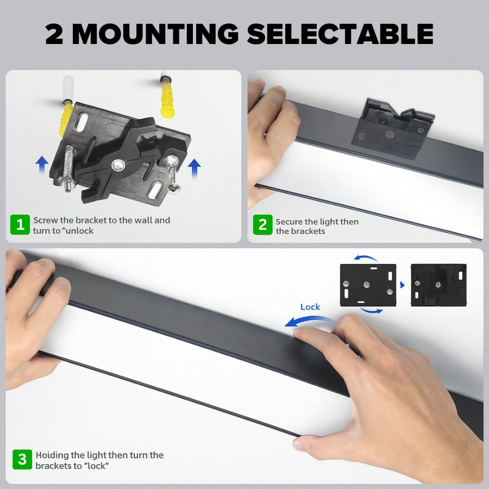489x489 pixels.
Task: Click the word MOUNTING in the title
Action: tap(155, 34)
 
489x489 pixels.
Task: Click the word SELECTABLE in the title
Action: tap(340, 34)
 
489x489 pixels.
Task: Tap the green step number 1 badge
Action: tap(20, 224)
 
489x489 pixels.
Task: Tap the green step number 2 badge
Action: tap(262, 224)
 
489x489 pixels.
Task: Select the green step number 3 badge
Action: tap(22, 460)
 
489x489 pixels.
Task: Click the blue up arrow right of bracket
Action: tap(195, 168)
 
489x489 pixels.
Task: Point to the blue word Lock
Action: tap(310, 307)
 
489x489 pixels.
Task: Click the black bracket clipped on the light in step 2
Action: tap(391, 128)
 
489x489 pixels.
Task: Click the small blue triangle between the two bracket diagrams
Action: tap(403, 285)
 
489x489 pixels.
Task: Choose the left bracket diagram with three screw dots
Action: tap(368, 285)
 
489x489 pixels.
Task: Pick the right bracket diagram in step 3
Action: tap(438, 285)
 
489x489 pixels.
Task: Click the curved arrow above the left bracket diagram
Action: tap(366, 258)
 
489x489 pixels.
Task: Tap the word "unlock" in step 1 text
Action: tap(77, 231)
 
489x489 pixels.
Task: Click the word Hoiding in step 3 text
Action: tap(51, 455)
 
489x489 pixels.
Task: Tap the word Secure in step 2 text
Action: tap(289, 222)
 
